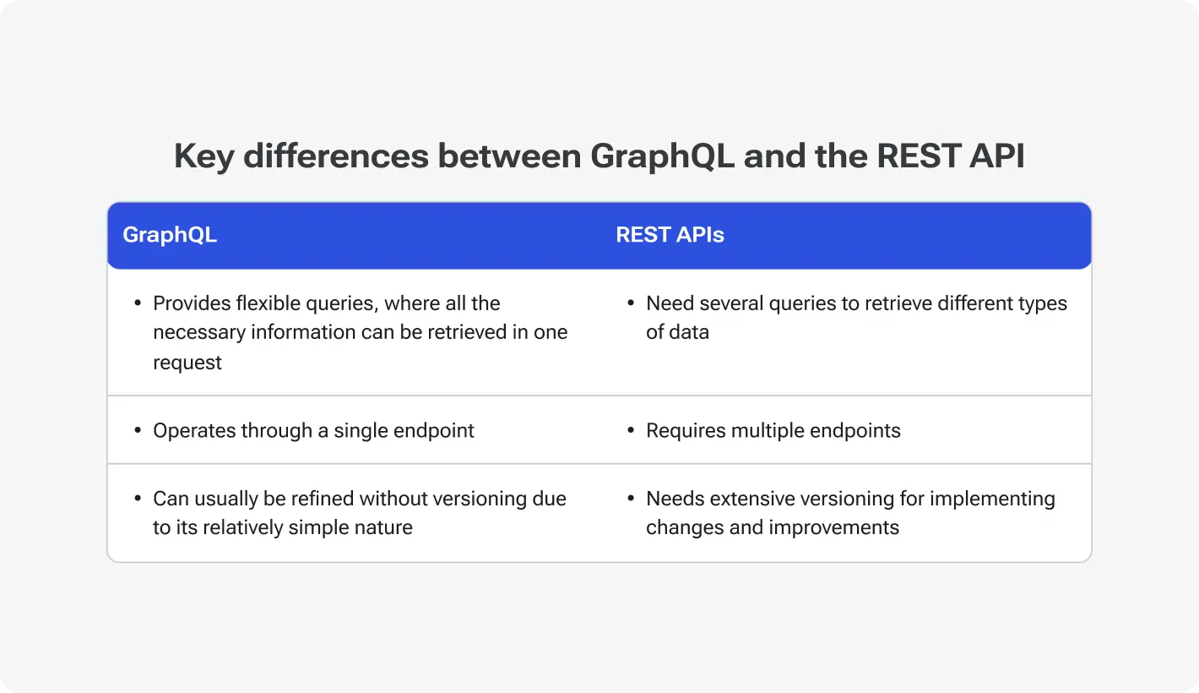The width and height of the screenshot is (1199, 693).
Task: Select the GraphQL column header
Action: [170, 235]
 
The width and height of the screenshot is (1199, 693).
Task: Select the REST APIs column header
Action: [670, 235]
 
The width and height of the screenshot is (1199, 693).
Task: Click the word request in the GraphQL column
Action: [187, 363]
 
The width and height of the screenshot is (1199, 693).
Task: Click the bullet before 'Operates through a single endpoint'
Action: [138, 431]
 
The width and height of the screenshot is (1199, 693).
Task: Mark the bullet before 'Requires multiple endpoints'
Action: [631, 431]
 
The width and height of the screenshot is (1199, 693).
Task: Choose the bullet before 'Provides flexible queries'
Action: [138, 303]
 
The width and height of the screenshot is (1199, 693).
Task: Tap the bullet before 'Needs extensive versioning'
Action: [631, 499]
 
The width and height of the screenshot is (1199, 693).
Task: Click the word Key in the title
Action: [203, 157]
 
